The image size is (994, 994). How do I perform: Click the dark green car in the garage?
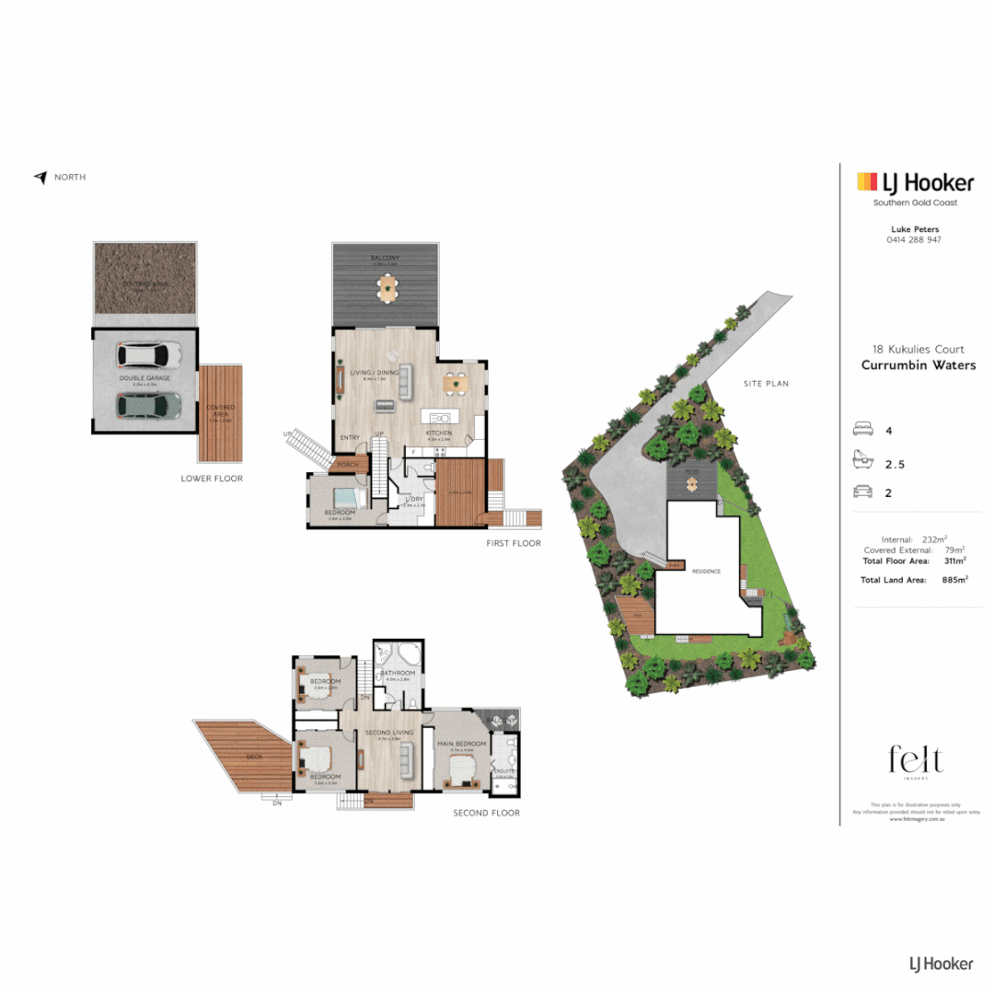pos(147,404)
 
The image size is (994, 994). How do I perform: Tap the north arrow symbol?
pos(40,178)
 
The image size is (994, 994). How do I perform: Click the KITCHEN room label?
pos(437,432)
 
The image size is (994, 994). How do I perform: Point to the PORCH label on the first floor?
pos(347,465)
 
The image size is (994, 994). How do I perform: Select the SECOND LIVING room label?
pos(382,733)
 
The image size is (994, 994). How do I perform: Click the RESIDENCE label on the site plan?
pos(705,572)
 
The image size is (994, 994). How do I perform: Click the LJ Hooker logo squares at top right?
pos(865,182)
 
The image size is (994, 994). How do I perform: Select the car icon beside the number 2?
pos(864,492)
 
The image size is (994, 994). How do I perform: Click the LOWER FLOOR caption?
pos(212,479)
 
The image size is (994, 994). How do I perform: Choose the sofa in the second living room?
pos(404,761)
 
